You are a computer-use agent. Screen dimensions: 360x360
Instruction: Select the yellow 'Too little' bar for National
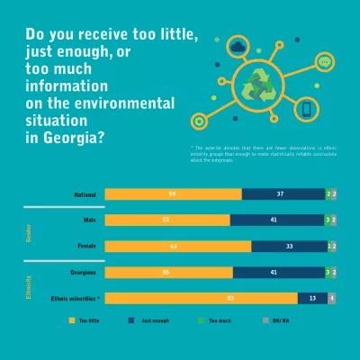173,193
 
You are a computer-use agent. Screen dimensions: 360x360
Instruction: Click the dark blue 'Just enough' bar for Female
289,246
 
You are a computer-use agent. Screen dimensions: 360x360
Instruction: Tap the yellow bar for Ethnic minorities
201,298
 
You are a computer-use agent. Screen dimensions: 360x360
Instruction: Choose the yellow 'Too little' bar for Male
167,220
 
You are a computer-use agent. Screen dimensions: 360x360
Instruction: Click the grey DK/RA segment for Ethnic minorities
332,298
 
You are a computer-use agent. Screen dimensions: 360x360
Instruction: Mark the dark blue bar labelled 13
312,298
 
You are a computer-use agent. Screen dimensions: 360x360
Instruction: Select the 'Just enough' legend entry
153,319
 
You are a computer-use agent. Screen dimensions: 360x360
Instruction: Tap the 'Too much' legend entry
220,319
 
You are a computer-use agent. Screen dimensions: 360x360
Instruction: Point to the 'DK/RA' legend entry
284,319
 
